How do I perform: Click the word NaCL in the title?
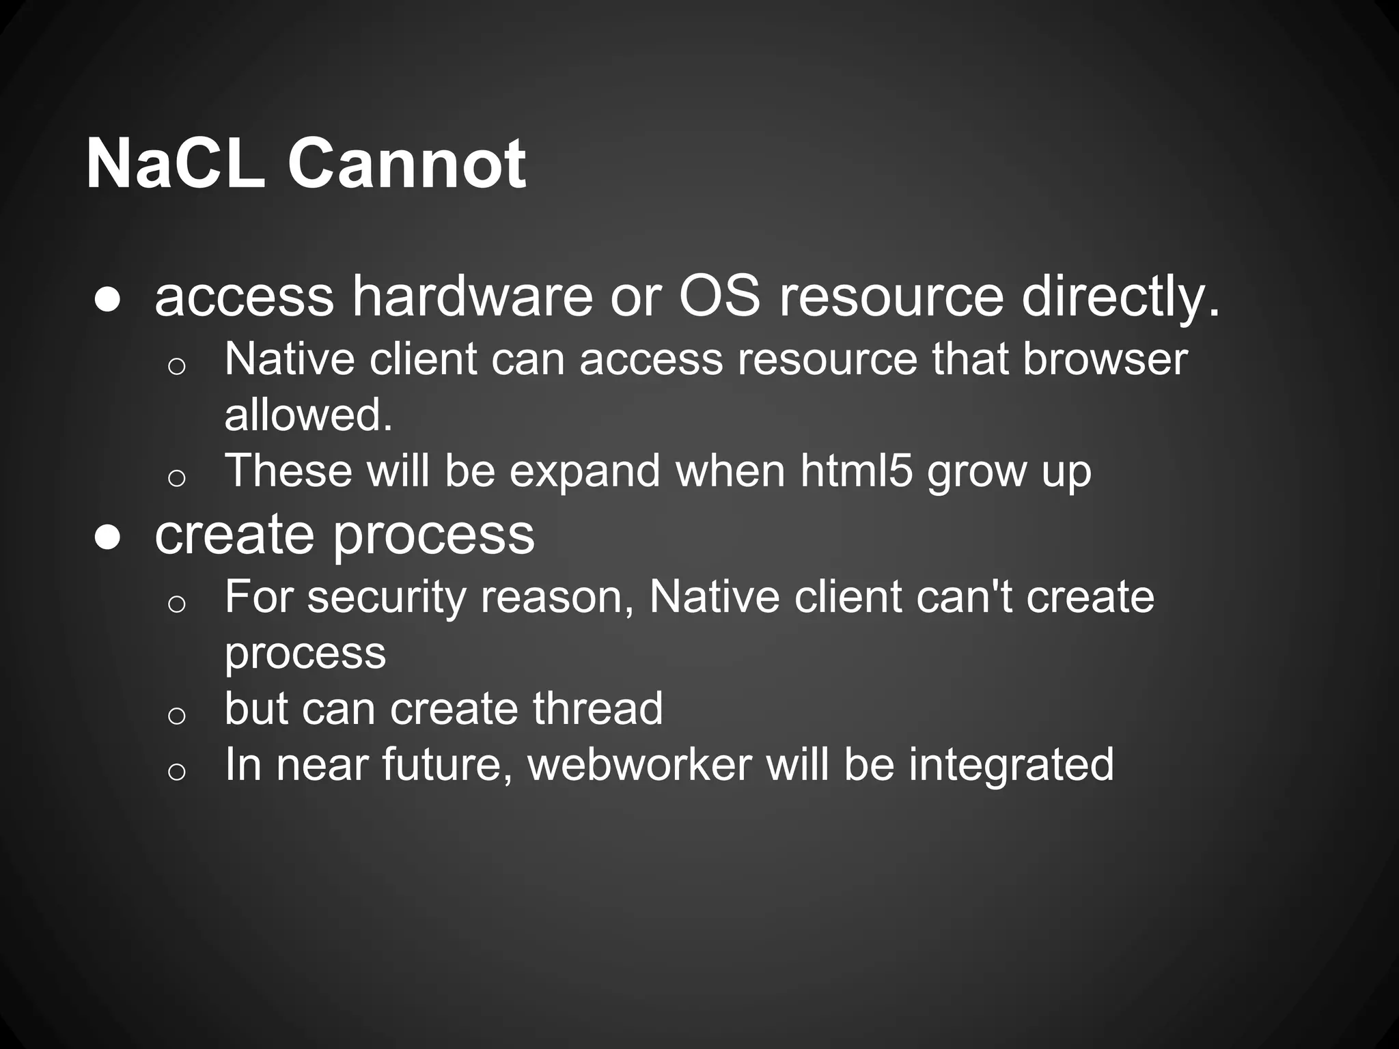[x=175, y=164]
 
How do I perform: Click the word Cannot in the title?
[x=406, y=164]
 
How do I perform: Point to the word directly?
[x=1120, y=298]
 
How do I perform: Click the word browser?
[x=1105, y=359]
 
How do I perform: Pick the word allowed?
[x=309, y=415]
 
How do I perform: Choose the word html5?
[x=856, y=471]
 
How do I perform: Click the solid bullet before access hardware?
[x=108, y=300]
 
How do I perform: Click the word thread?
[x=598, y=708]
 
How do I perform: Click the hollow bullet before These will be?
[x=176, y=478]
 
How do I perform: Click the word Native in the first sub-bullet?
[x=290, y=359]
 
